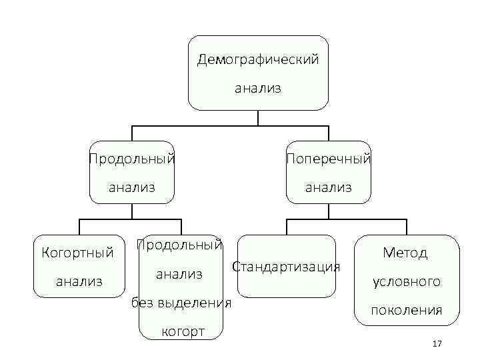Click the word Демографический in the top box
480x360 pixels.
[x=258, y=59]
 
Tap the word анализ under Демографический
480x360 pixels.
[x=258, y=87]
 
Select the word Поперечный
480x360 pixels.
[x=328, y=159]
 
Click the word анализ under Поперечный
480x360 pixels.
[x=328, y=187]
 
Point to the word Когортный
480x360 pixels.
[x=78, y=253]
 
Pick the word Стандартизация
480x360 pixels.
[x=286, y=267]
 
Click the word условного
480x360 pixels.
[x=407, y=281]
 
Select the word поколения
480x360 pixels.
[x=407, y=310]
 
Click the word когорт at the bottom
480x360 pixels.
[x=181, y=332]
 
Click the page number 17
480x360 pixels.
[x=437, y=343]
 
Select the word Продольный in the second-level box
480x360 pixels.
[x=133, y=159]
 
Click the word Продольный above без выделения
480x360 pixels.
[x=179, y=245]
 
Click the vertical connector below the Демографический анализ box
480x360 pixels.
[x=258, y=118]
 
